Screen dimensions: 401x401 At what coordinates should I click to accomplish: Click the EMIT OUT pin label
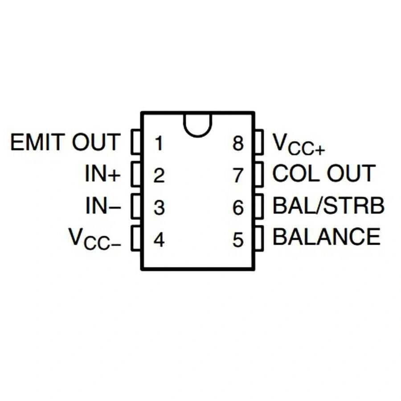pyautogui.click(x=65, y=143)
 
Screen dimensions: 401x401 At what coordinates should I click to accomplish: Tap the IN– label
pyautogui.click(x=102, y=207)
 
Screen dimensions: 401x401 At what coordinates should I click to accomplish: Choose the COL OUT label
pyautogui.click(x=323, y=173)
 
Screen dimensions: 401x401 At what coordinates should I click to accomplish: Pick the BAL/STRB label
pyautogui.click(x=328, y=206)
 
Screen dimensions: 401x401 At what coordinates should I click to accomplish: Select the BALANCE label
pyautogui.click(x=327, y=237)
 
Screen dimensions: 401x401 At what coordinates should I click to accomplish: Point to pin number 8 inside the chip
pyautogui.click(x=238, y=144)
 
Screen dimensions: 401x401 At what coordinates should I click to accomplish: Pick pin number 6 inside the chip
pyautogui.click(x=238, y=208)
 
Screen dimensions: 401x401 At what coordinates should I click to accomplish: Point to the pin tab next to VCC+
pyautogui.click(x=259, y=142)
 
